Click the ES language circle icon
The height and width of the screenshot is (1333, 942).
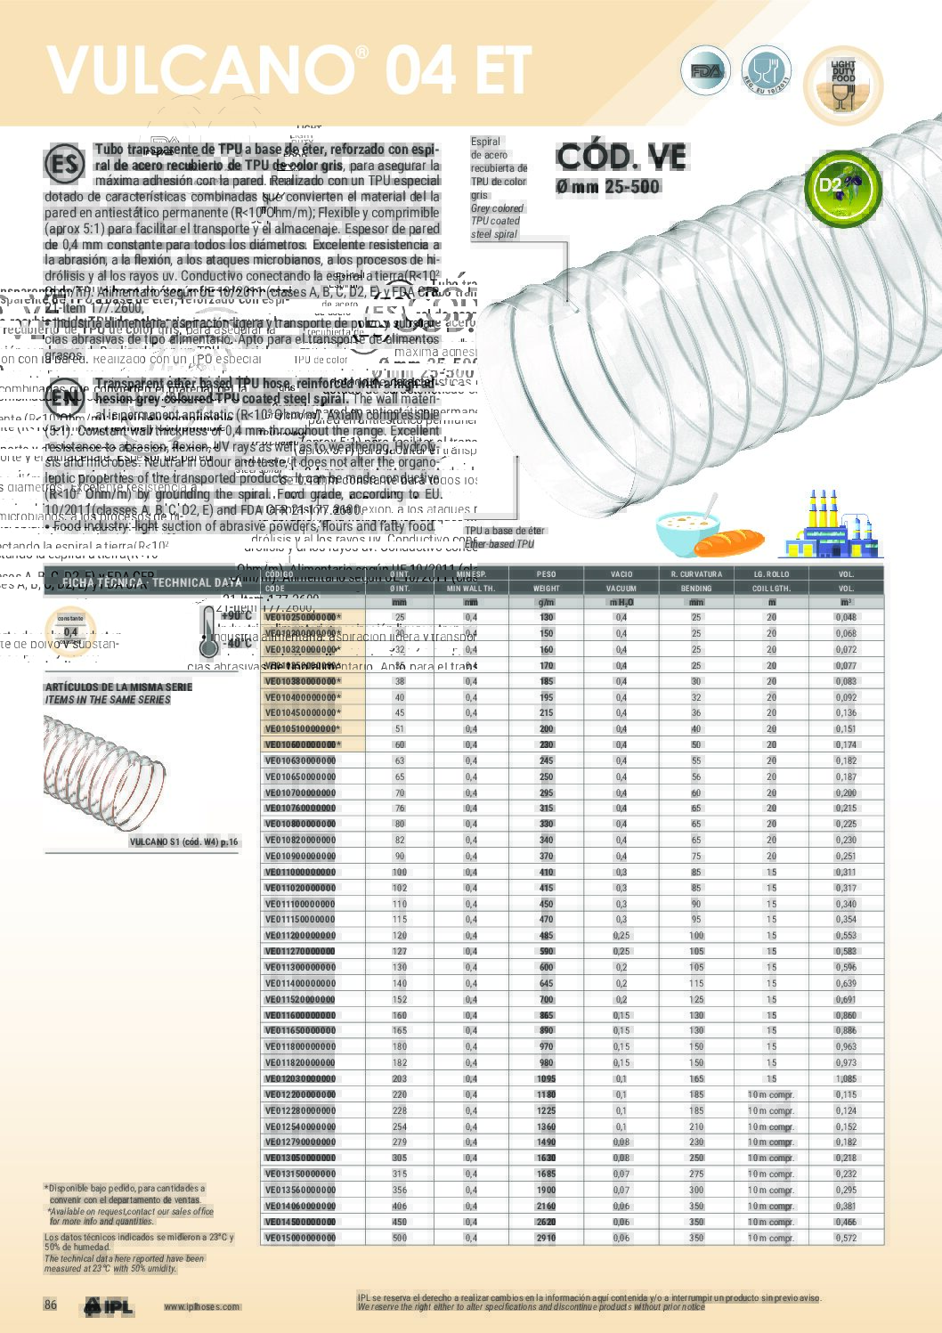coord(64,164)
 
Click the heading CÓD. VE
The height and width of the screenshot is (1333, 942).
coord(621,158)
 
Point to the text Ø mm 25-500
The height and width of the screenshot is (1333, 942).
coord(608,187)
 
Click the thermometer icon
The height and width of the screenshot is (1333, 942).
coord(209,630)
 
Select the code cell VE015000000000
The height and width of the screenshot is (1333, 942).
coord(301,1238)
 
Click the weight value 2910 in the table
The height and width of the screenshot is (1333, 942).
coord(546,1238)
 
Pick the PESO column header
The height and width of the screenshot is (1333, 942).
coord(546,574)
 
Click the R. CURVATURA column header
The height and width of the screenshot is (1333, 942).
coord(696,574)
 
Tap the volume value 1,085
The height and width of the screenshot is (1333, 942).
coord(846,1078)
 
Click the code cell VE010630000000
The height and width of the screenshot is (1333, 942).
coord(301,761)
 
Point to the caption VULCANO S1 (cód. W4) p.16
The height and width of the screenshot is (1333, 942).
coord(184,841)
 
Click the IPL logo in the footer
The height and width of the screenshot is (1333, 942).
coord(109,1306)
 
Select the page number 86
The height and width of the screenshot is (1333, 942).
coord(51,1305)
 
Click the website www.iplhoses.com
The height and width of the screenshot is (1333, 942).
coord(201,1307)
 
